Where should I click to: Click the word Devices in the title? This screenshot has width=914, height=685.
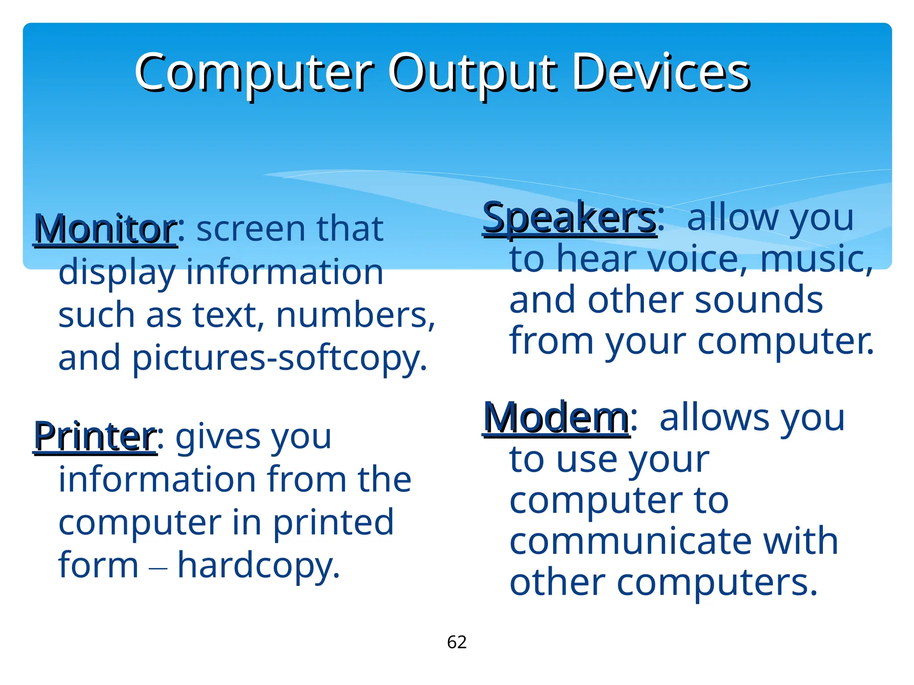661,72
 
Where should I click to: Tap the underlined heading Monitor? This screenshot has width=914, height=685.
106,229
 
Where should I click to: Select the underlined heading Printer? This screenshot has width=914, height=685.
95,437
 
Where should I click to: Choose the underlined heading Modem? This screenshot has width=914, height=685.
557,418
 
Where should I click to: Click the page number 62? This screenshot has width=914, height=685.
457,642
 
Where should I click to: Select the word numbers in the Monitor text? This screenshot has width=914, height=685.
355,316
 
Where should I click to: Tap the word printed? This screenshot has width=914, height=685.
333,523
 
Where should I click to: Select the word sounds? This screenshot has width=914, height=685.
759,301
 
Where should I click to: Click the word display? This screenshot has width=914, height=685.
117,273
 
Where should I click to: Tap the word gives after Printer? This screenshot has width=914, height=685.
212,438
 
